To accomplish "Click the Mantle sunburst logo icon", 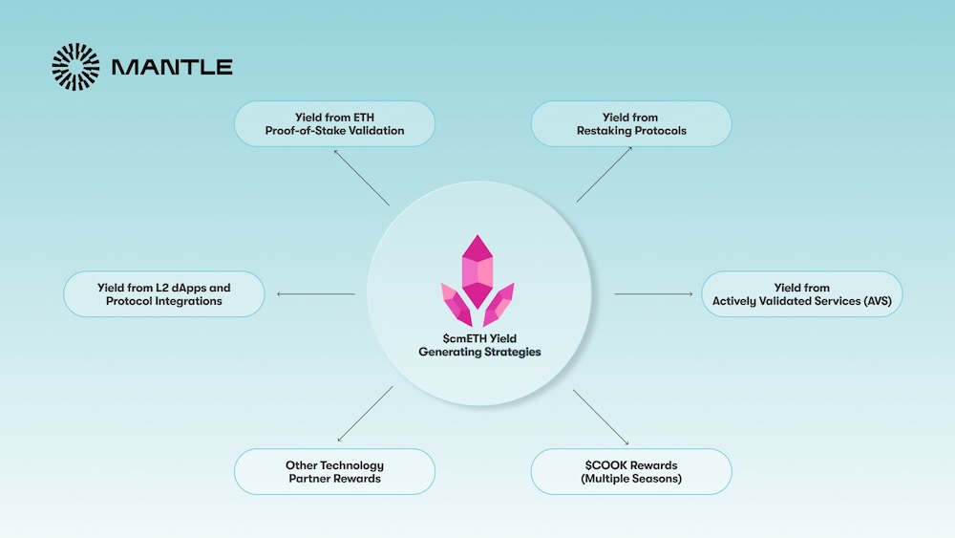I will (75, 67).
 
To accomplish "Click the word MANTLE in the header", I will (172, 68).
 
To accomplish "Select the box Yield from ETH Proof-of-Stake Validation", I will (334, 124).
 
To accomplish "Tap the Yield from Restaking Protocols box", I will (631, 124).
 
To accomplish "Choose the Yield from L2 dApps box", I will (163, 294).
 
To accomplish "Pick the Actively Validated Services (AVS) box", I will (802, 294).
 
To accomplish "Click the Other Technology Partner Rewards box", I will (334, 472).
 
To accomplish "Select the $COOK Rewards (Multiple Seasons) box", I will (631, 472).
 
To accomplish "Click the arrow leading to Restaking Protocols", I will (604, 174).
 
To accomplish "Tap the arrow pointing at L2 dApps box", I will (315, 294).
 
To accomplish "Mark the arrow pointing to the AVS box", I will (653, 294).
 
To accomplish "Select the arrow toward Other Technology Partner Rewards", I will (364, 414).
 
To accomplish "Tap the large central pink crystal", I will (477, 270).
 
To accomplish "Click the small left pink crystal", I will (456, 305).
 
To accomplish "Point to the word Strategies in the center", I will (510, 353).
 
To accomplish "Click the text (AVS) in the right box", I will (882, 301).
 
